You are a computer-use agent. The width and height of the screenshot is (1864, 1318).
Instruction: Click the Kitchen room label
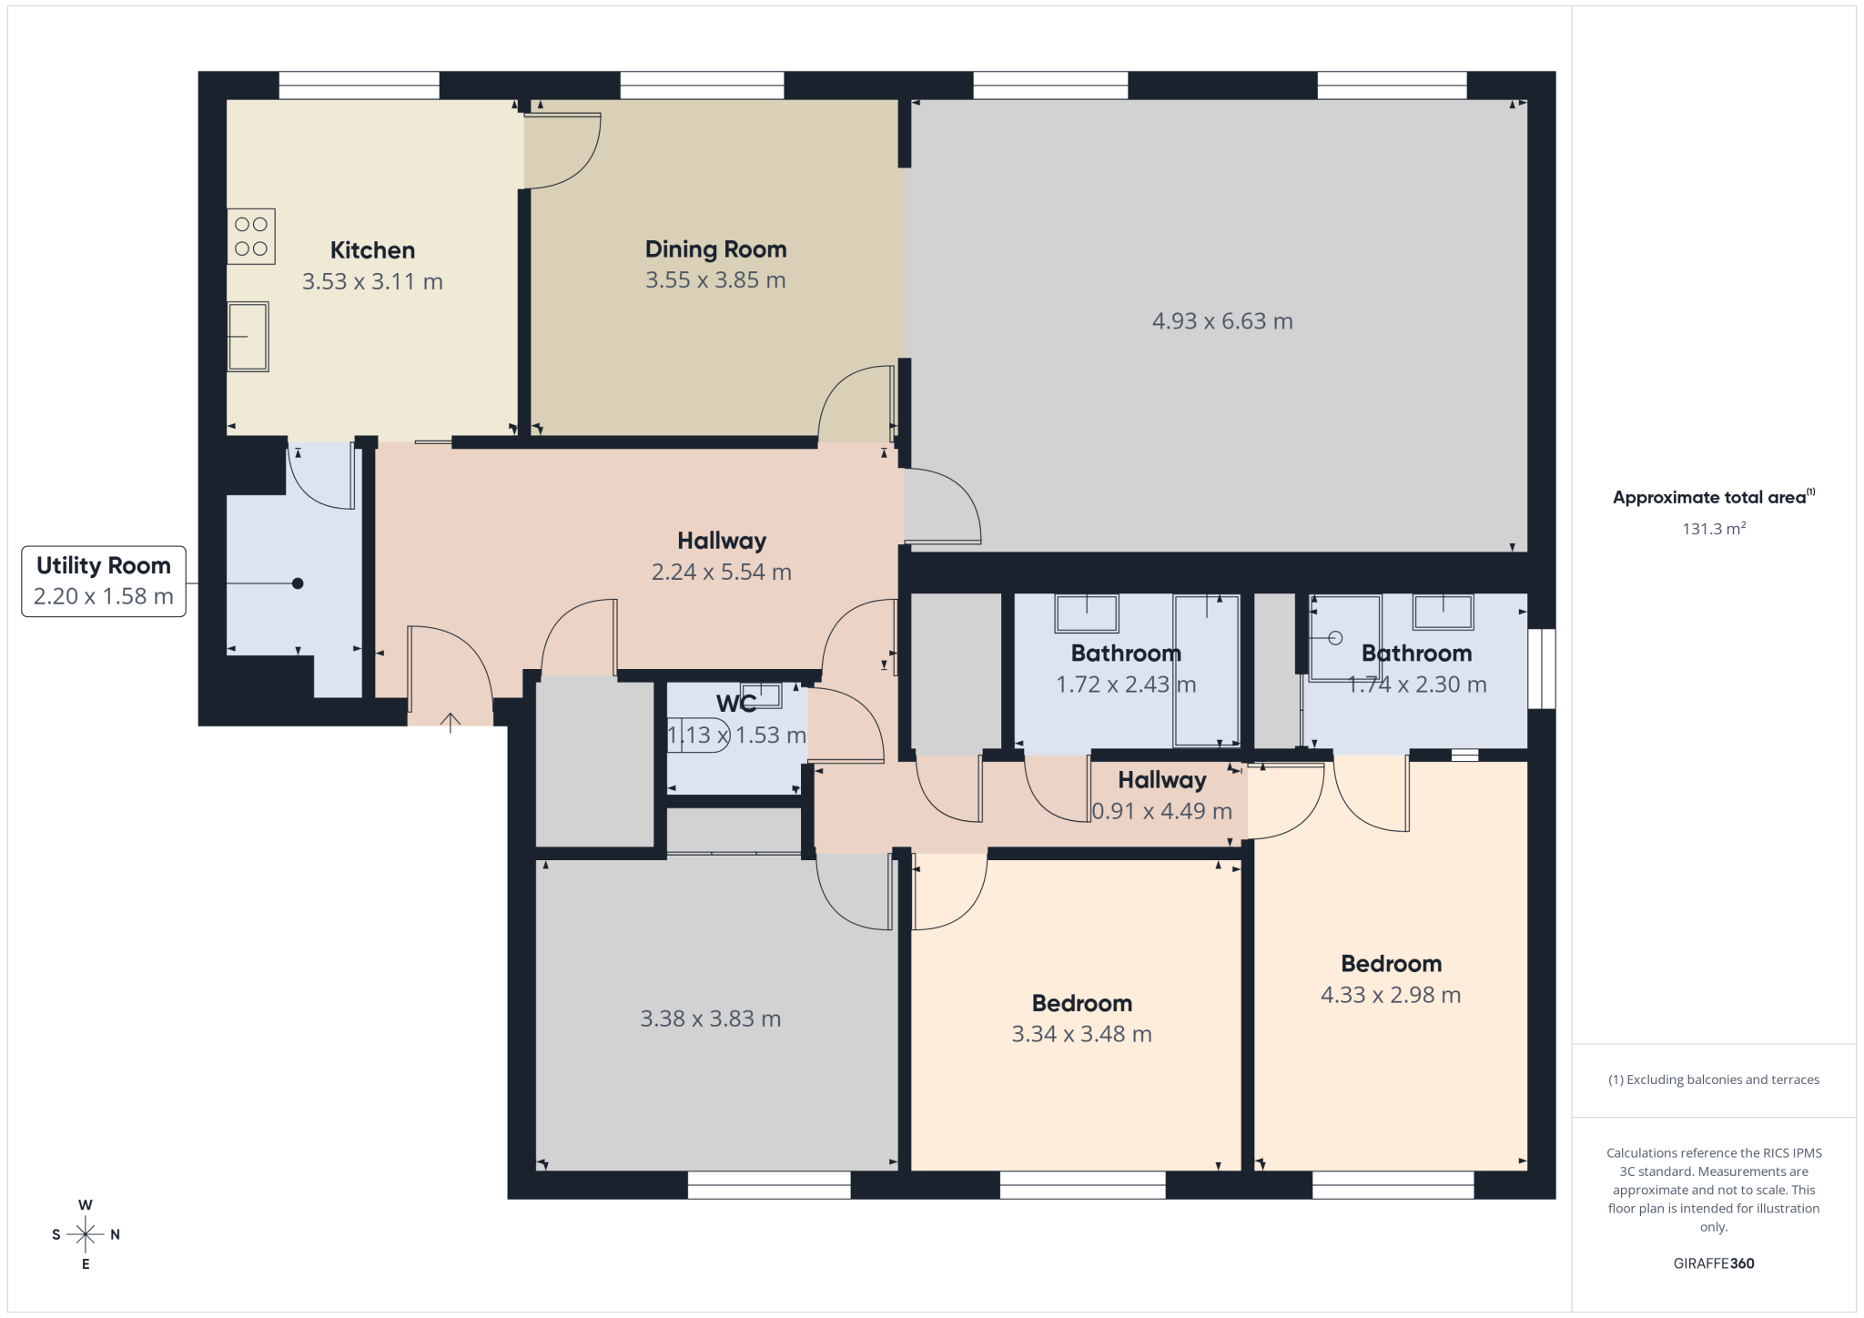click(372, 250)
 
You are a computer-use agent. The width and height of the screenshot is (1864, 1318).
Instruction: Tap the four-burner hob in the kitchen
click(251, 237)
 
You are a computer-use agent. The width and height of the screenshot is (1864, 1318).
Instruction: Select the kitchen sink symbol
click(248, 337)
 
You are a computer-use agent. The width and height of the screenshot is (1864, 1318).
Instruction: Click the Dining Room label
click(715, 249)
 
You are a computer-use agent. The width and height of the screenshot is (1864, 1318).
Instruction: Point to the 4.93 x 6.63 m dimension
click(1222, 321)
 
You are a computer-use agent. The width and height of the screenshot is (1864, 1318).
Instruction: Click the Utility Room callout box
click(104, 581)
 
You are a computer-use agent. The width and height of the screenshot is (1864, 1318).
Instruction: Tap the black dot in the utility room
click(298, 583)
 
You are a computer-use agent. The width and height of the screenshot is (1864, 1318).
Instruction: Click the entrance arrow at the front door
click(451, 723)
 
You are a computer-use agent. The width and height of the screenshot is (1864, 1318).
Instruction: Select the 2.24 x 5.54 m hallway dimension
click(722, 573)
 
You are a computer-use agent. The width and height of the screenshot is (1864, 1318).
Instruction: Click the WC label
click(735, 704)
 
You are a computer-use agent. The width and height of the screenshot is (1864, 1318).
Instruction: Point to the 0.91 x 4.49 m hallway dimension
click(1162, 811)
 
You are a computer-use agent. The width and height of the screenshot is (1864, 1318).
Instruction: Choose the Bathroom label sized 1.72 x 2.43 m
click(1126, 654)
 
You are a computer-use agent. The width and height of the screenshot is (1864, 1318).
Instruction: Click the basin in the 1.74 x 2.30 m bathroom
click(1443, 612)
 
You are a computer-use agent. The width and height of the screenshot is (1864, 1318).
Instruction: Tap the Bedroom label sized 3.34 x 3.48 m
click(1082, 1004)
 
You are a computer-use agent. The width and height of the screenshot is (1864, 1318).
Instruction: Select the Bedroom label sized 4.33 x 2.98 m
click(1391, 964)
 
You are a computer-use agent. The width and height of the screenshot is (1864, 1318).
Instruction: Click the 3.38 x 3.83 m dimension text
click(711, 1019)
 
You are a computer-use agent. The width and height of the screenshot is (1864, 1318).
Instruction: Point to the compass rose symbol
click(86, 1234)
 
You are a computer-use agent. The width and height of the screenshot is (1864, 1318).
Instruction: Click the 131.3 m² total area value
click(1714, 528)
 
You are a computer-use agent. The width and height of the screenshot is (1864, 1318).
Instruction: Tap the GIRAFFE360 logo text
click(1714, 1263)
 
